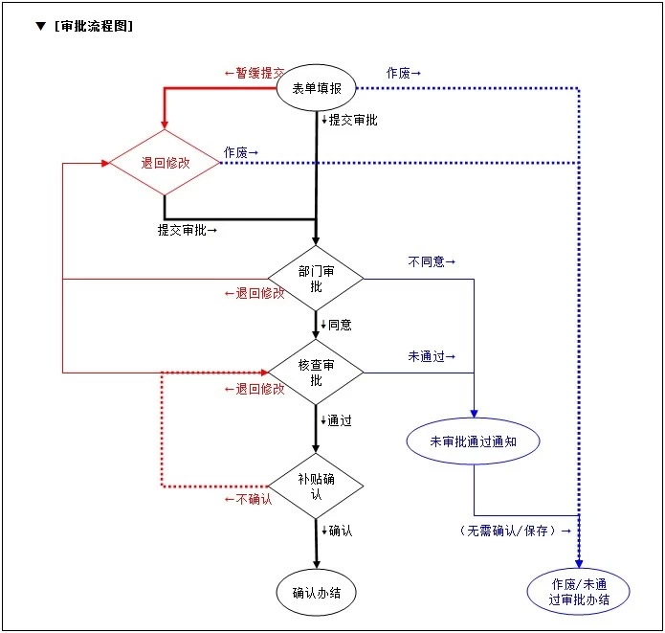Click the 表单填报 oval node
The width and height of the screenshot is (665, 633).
click(316, 89)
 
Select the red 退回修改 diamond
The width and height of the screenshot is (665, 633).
click(165, 163)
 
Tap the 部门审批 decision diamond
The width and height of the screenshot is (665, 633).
click(316, 279)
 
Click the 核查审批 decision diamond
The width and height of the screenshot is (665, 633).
click(316, 372)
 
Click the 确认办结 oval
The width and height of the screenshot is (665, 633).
click(316, 593)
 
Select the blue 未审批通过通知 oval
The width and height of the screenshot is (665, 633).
click(473, 441)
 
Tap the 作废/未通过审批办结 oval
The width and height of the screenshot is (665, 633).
click(579, 592)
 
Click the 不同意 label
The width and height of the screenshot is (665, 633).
click(432, 261)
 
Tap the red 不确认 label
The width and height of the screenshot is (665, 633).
click(248, 498)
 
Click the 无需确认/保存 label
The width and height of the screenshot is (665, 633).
click(515, 530)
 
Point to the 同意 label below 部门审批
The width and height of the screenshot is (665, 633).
click(338, 325)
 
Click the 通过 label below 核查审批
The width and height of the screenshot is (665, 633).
click(338, 420)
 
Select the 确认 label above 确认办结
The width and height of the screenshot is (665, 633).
click(338, 530)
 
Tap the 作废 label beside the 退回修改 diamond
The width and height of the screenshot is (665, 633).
click(241, 152)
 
